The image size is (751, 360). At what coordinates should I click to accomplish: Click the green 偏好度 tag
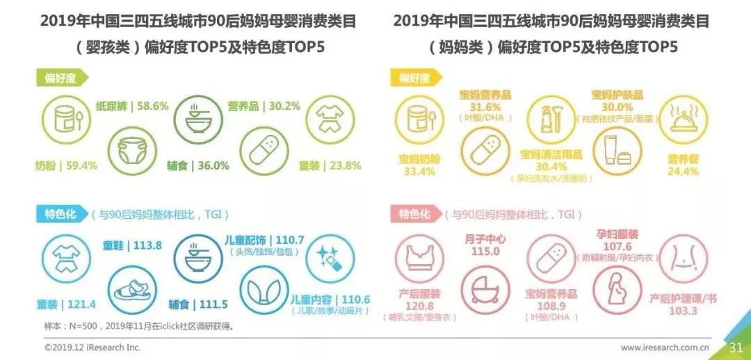(x=60, y=78)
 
